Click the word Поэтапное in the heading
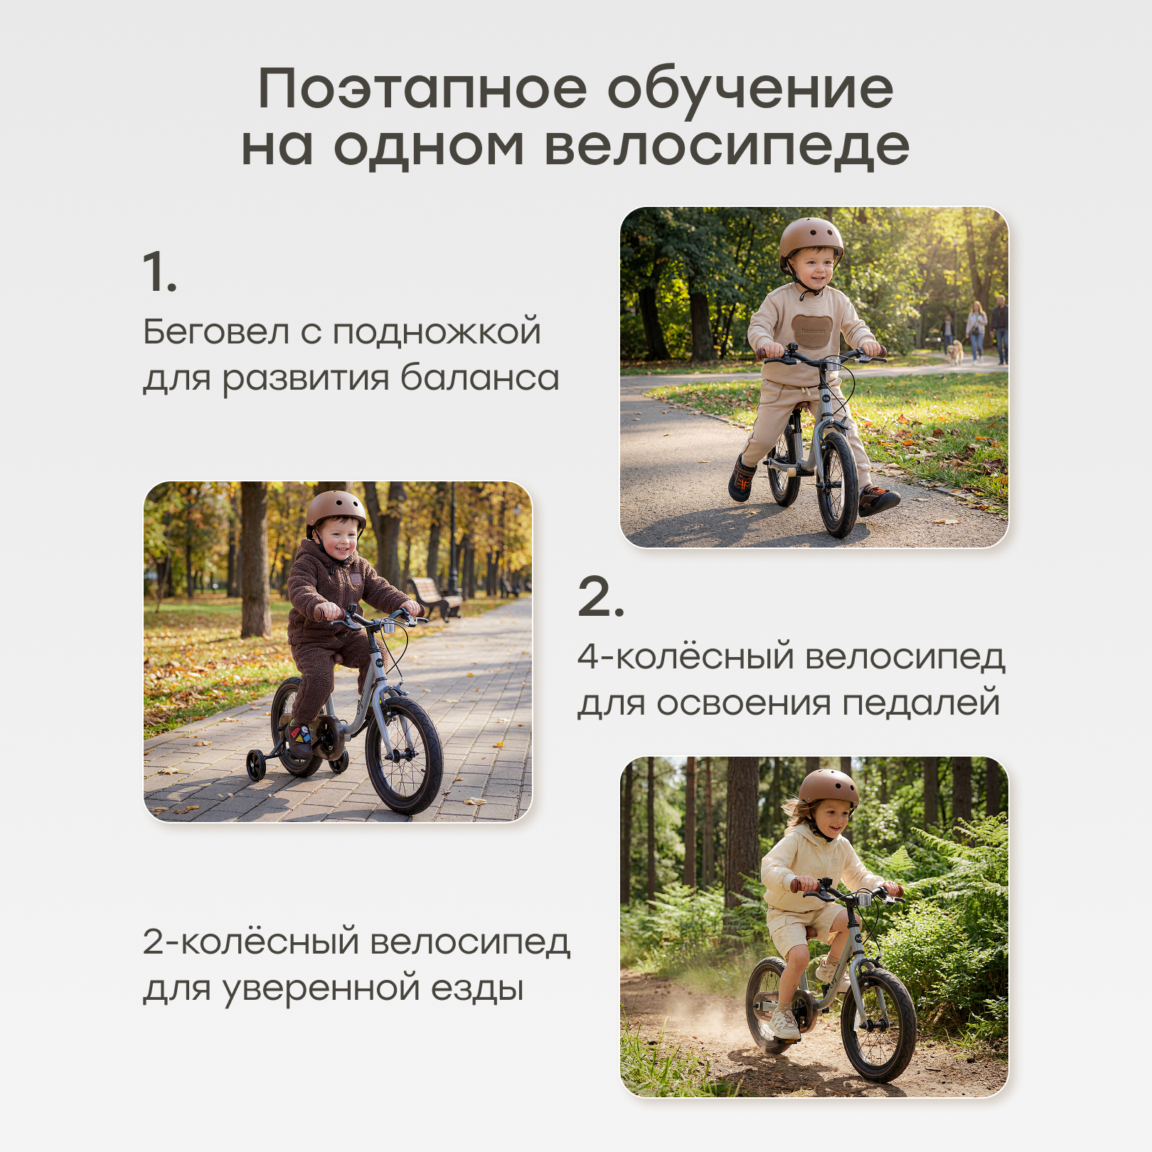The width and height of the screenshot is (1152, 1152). coord(422,90)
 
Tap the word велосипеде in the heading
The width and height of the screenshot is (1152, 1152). coord(727,146)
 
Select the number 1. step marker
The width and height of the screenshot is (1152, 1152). coord(159,272)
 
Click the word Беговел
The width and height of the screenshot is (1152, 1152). coord(216,332)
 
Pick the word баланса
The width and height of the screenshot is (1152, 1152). coord(480,378)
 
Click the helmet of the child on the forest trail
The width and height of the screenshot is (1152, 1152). coord(828,787)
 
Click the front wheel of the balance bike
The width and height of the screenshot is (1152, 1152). coord(837,484)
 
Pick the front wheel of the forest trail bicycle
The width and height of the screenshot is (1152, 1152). coord(878,1025)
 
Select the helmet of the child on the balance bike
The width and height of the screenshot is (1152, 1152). coord(811,240)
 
